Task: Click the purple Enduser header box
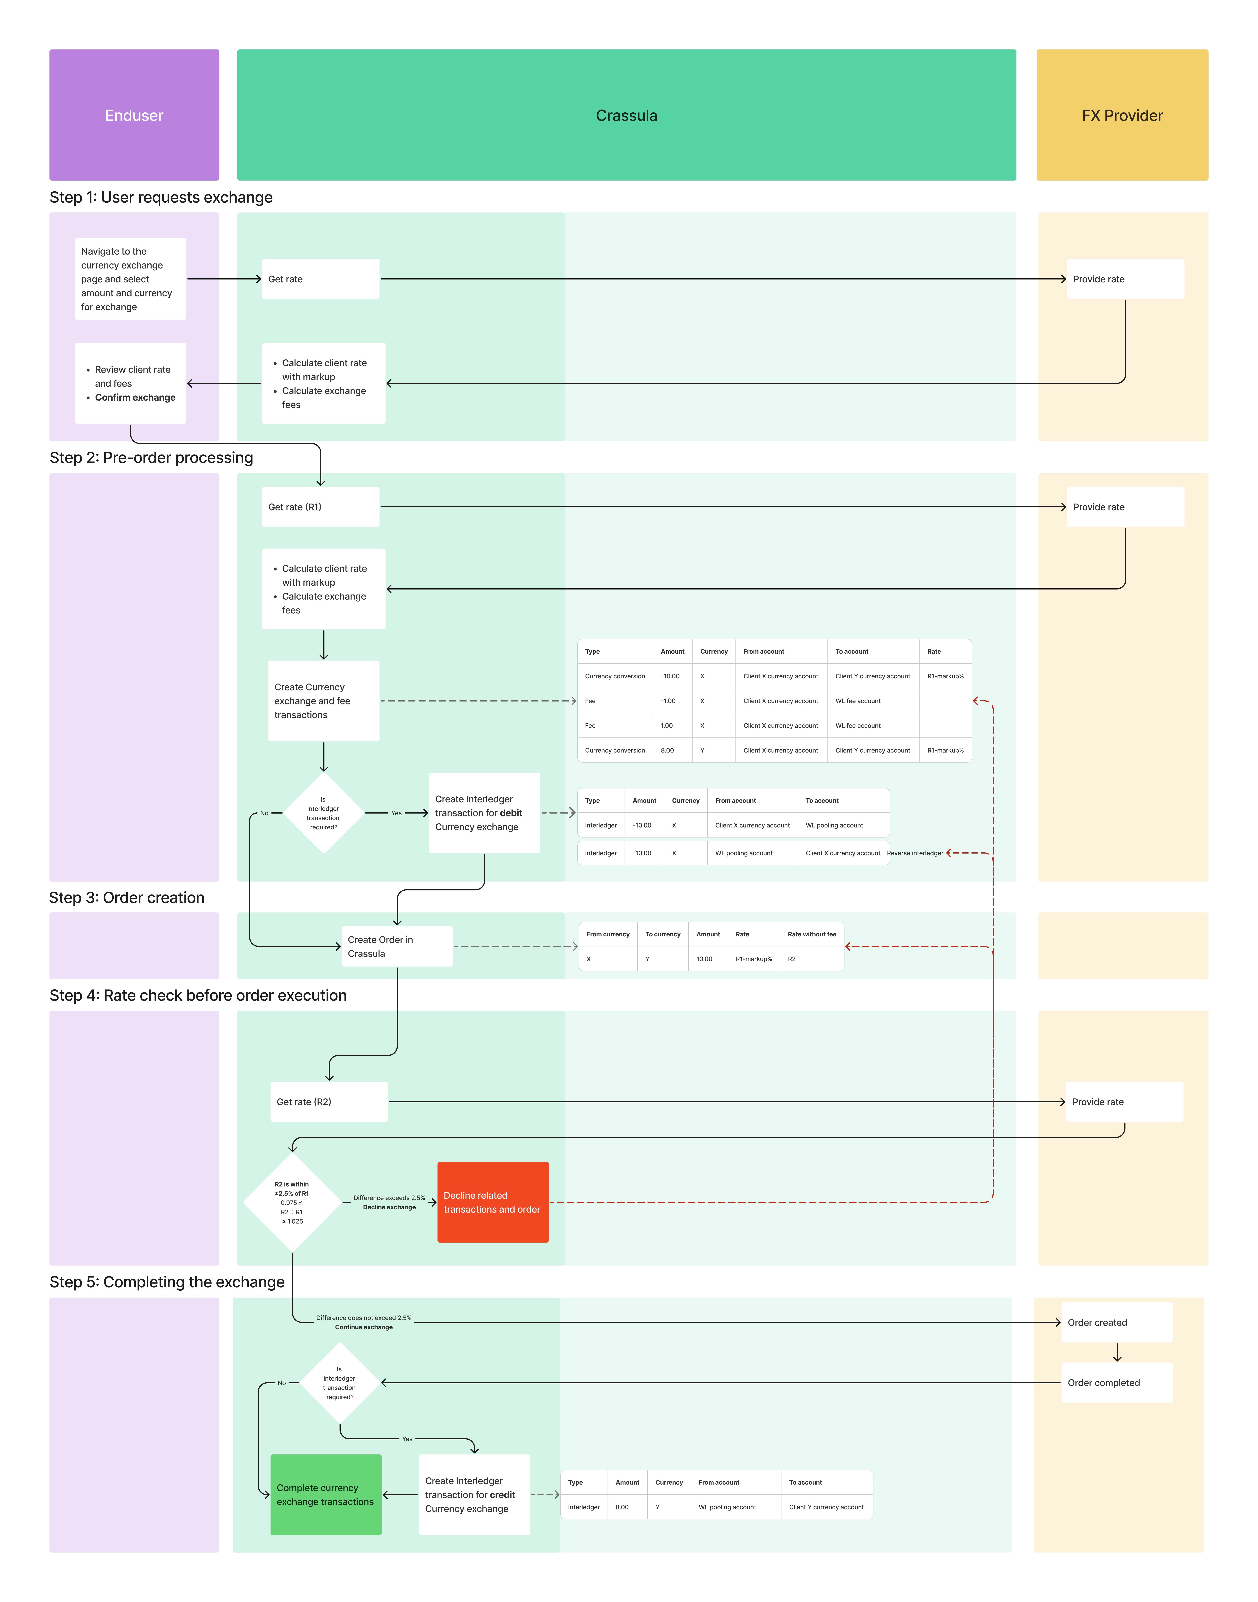[x=134, y=115]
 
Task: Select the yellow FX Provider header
[x=1122, y=115]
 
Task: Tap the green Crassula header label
[x=626, y=116]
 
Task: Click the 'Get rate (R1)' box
[x=320, y=506]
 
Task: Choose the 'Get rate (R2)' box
[x=329, y=1101]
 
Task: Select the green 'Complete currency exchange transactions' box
[x=326, y=1495]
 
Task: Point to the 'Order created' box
[x=1117, y=1322]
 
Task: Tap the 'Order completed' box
[x=1117, y=1383]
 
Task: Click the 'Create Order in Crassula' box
[x=396, y=946]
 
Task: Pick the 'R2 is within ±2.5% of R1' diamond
[x=292, y=1202]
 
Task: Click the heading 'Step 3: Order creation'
[x=127, y=897]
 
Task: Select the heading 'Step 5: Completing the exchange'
[x=167, y=1282]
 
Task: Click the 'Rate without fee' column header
[x=812, y=934]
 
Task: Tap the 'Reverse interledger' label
[x=915, y=853]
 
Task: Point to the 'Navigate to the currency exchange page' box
[x=130, y=279]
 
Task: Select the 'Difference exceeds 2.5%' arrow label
[x=389, y=1198]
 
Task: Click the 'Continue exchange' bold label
[x=364, y=1327]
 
